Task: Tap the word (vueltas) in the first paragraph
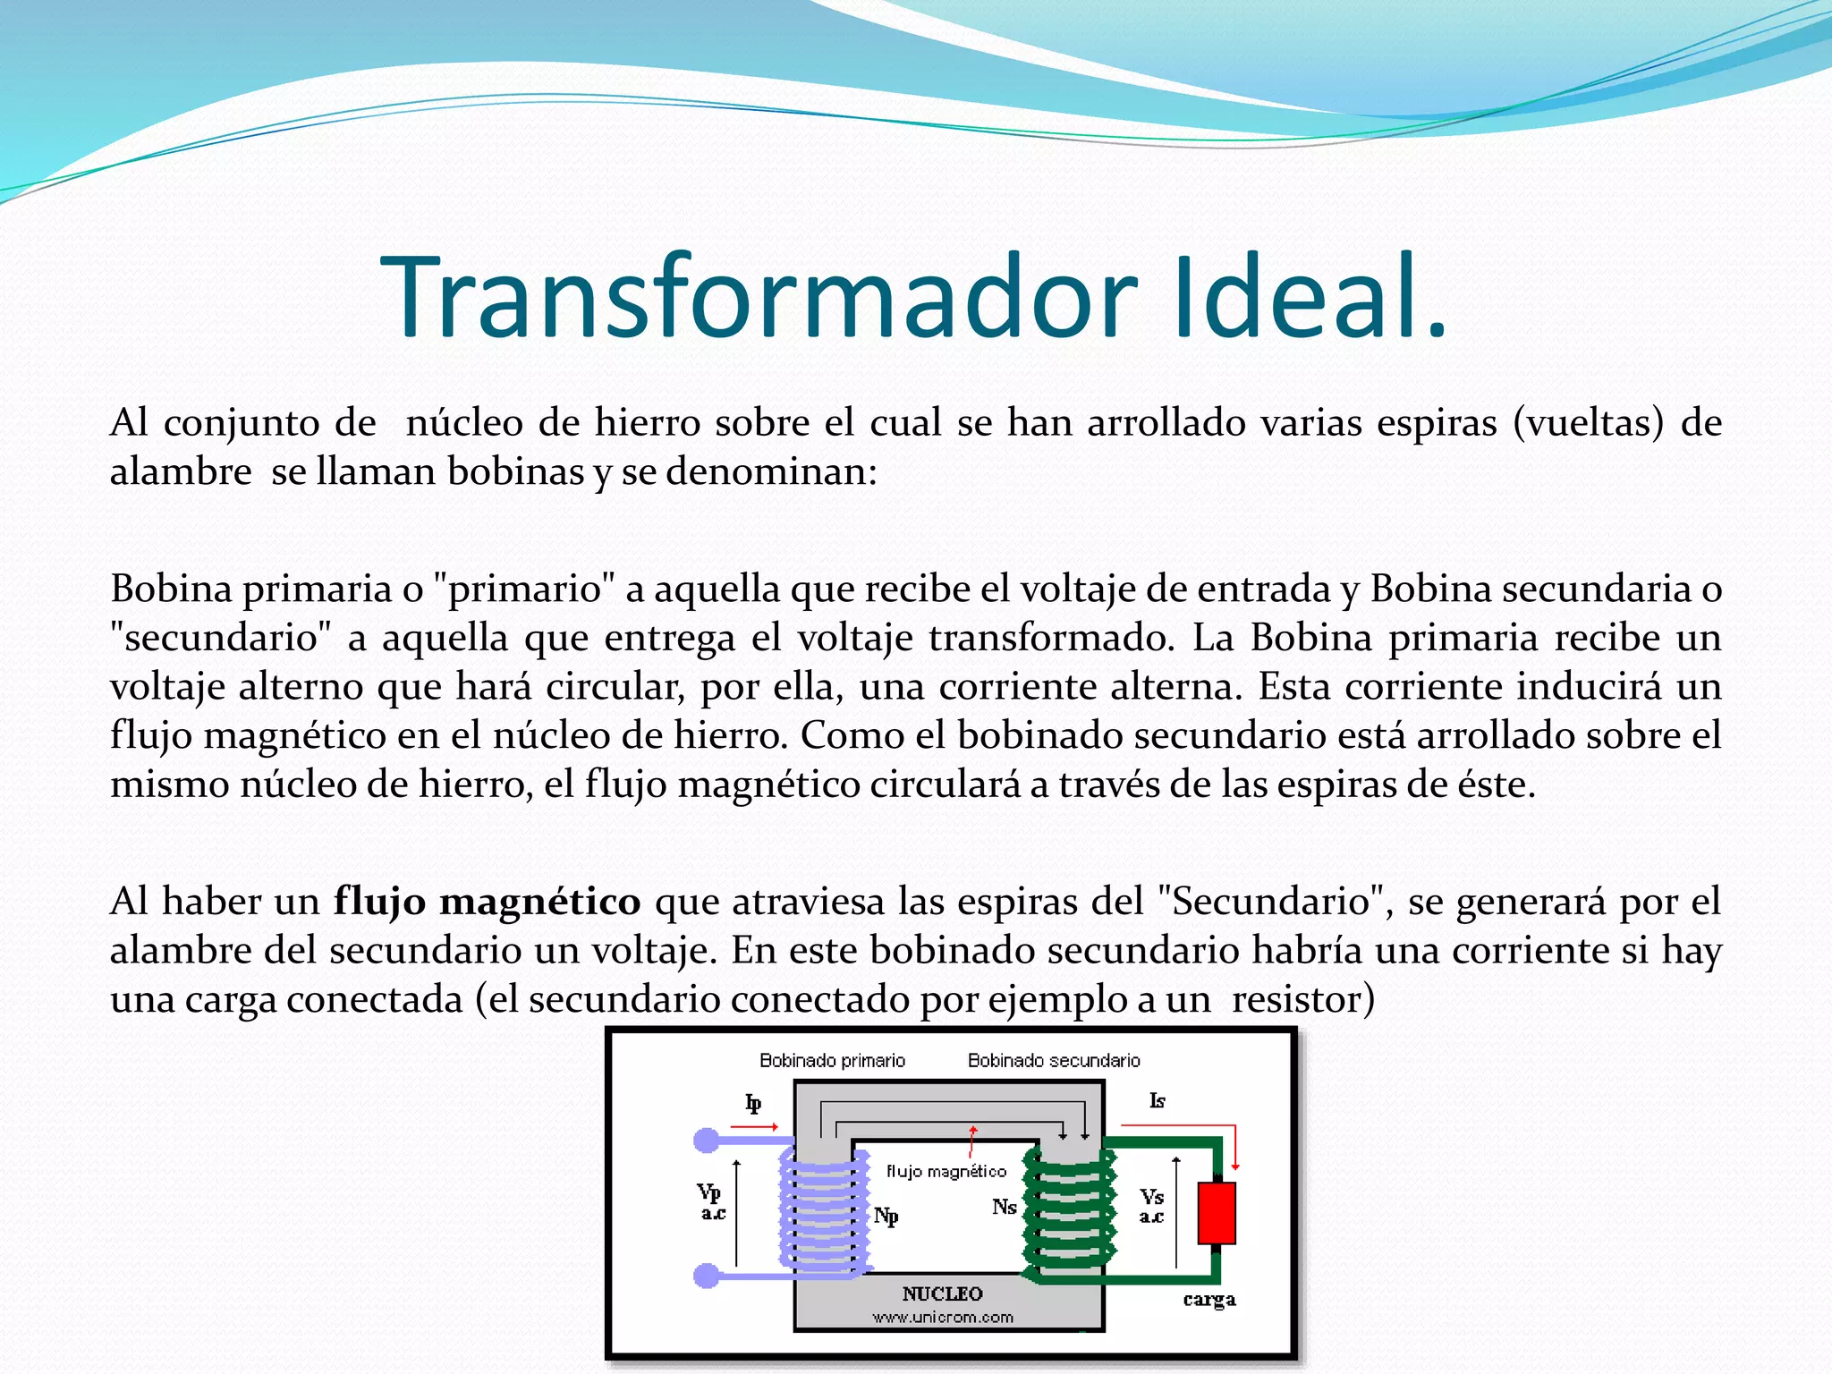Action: [1589, 423]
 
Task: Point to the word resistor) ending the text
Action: [1302, 999]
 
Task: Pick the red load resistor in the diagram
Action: [1217, 1213]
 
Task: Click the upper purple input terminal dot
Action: [707, 1141]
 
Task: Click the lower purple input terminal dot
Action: [707, 1276]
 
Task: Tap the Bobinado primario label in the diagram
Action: [832, 1061]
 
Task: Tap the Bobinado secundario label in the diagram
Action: [1054, 1061]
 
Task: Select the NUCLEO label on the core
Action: [942, 1293]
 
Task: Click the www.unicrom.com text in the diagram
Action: [943, 1318]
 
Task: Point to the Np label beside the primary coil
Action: [886, 1216]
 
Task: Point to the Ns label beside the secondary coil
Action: [1004, 1208]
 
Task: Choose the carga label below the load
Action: [1209, 1300]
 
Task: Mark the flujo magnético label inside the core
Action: [946, 1172]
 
